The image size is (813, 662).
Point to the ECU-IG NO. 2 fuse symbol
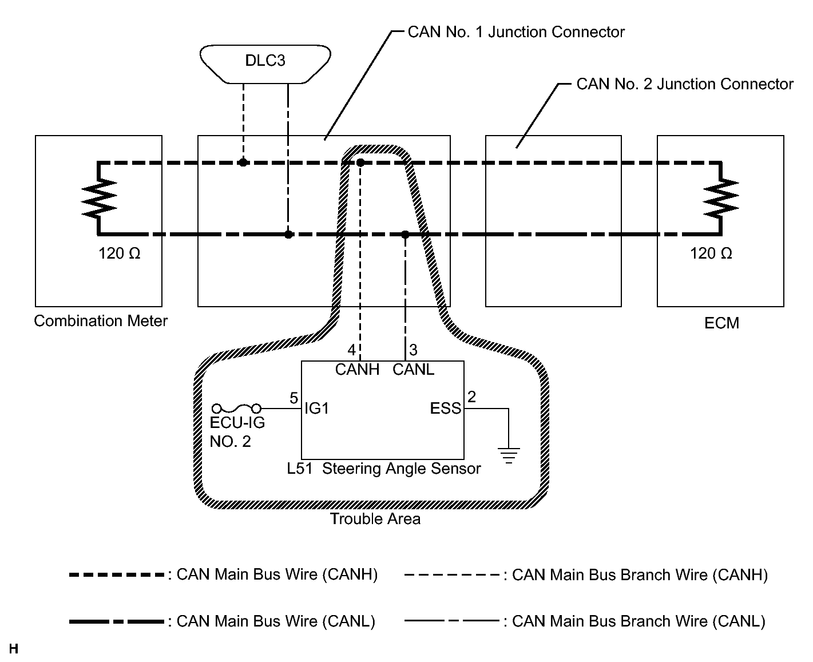point(237,408)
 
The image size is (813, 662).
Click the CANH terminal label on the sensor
point(357,370)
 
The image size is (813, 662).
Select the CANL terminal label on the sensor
point(413,370)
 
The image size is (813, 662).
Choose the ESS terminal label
point(445,408)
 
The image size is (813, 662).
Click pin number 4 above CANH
point(352,350)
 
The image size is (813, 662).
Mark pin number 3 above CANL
point(413,350)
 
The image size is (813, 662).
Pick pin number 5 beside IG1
point(294,398)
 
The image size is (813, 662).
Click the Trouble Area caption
point(375,519)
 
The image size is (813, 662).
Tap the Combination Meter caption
point(101,320)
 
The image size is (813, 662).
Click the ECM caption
point(721,323)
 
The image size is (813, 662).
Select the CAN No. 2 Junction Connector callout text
point(685,84)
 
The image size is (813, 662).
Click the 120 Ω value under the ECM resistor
point(711,253)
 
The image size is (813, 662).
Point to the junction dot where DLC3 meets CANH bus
point(243,162)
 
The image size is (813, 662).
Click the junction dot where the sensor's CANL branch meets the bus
point(405,235)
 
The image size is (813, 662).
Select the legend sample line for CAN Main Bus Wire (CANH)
point(117,574)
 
